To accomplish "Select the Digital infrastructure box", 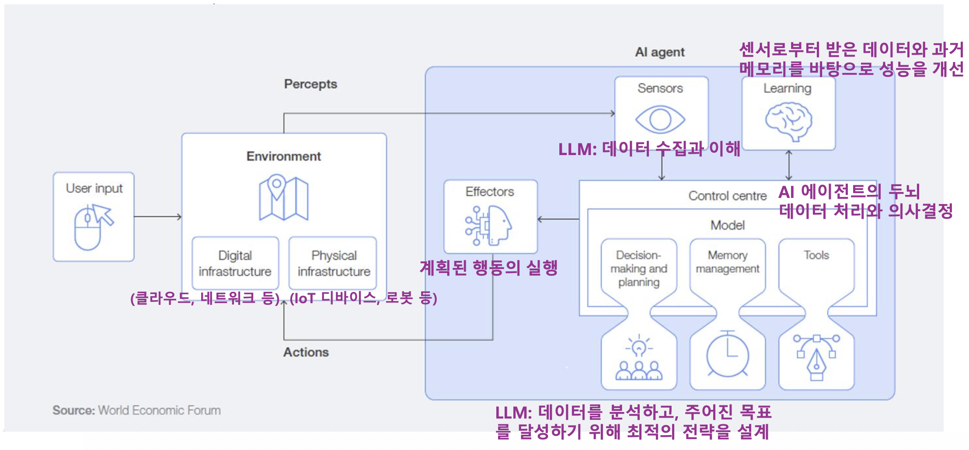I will (x=235, y=263).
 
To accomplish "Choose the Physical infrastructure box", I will (x=333, y=263).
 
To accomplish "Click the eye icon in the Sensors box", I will (x=660, y=119).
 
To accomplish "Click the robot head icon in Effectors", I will (x=489, y=225).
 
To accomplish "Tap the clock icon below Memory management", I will (x=727, y=354).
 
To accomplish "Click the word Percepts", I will (x=310, y=84).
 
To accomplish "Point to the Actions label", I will (x=306, y=352).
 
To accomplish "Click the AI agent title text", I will (x=659, y=52).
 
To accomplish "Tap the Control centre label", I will (x=727, y=196).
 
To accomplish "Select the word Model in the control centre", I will (x=727, y=225).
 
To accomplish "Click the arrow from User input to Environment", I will (x=157, y=217).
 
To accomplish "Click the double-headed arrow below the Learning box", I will (x=789, y=165).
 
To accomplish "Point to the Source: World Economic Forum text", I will (x=136, y=410).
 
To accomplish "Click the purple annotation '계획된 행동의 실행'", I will (x=488, y=268).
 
